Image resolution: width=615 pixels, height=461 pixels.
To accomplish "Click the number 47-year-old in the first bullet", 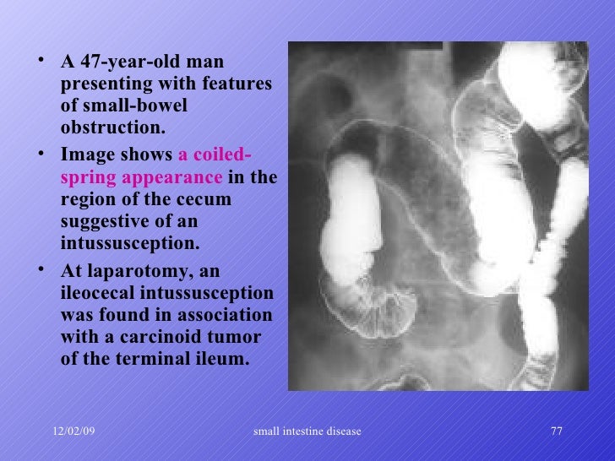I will point(130,63).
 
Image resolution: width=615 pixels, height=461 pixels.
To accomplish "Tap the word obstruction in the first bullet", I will point(108,129).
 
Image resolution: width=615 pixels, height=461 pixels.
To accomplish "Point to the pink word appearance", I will point(173,179).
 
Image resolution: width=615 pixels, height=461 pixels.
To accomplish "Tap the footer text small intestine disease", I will point(307,431).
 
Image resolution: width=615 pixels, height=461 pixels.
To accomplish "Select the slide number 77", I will point(556,431).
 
